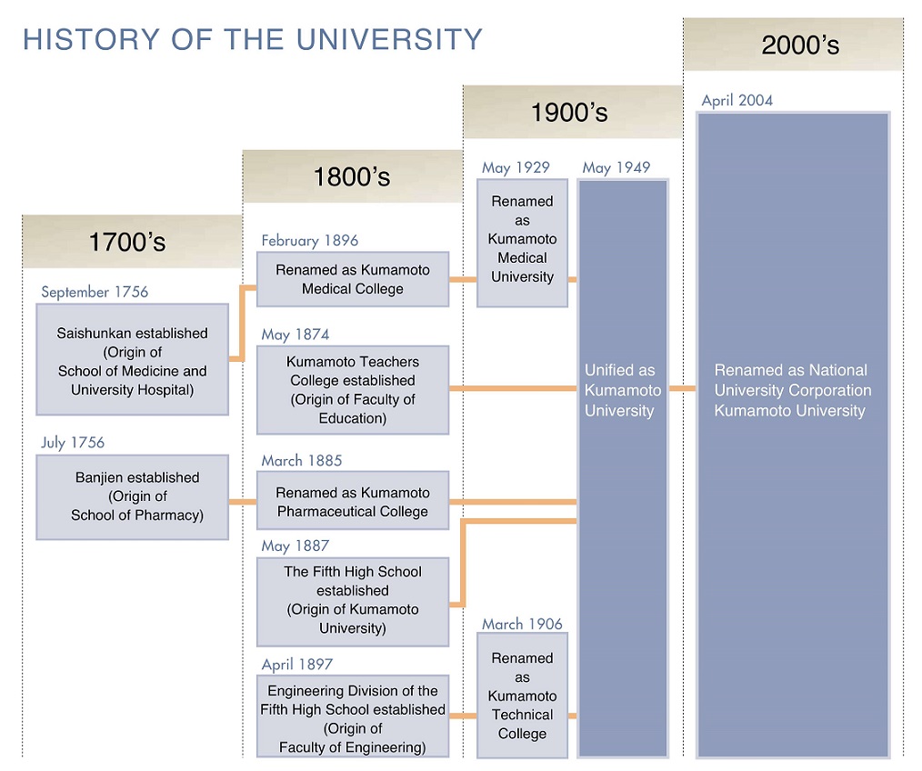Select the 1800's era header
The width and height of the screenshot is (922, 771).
[x=353, y=176]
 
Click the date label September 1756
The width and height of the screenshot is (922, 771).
[x=95, y=292]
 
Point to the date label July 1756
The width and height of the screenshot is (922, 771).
[x=73, y=442]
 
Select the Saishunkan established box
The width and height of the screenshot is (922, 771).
[x=133, y=359]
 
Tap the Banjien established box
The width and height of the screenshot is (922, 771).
[x=133, y=497]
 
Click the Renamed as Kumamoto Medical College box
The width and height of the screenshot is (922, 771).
[x=353, y=279]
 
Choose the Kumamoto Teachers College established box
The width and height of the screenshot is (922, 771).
[x=353, y=390]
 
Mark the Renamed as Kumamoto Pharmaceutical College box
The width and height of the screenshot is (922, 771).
[x=353, y=500]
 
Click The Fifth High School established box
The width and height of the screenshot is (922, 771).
[x=353, y=602]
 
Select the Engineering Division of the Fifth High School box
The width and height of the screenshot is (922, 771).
[x=353, y=716]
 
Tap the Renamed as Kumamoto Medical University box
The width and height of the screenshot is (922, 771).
[x=522, y=243]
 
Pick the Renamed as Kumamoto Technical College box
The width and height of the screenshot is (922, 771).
[x=522, y=696]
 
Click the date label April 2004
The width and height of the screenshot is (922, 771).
[x=737, y=101]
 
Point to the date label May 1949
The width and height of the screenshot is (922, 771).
[x=616, y=167]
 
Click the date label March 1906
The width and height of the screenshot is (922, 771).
[x=522, y=624]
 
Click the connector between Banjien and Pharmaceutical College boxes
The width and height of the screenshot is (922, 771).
[x=243, y=502]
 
